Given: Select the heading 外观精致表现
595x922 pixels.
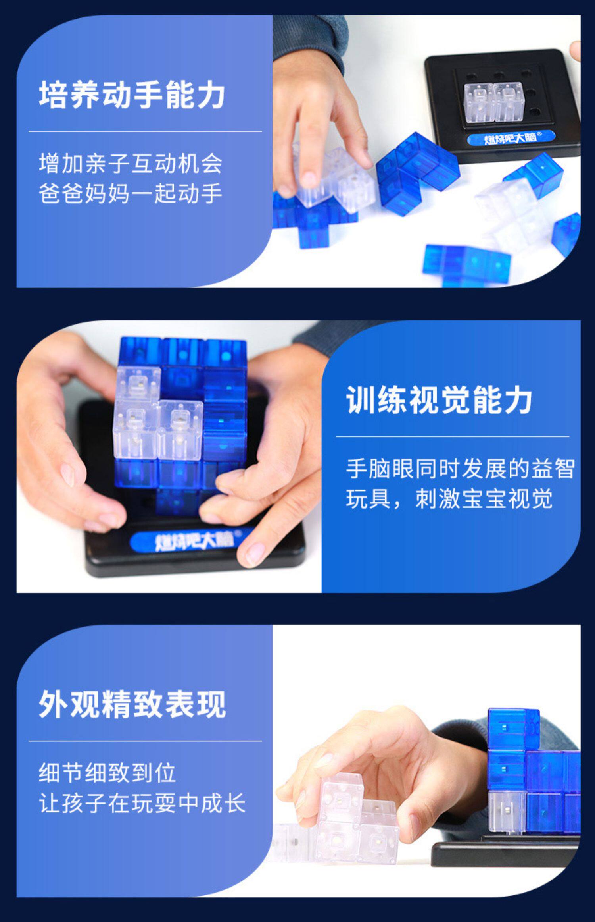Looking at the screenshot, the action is pos(132,704).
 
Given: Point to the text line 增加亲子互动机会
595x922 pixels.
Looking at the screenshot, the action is pos(131,164).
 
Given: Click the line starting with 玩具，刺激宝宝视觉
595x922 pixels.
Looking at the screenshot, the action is pos(449,499).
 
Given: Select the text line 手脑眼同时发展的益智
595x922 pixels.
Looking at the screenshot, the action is pos(460,469).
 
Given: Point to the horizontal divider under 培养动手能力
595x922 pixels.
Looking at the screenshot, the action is pos(145,131).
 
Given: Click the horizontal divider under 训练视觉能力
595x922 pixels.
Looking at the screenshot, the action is pos(453,437).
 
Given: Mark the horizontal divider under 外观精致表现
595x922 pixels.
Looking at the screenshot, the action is pos(145,741).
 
